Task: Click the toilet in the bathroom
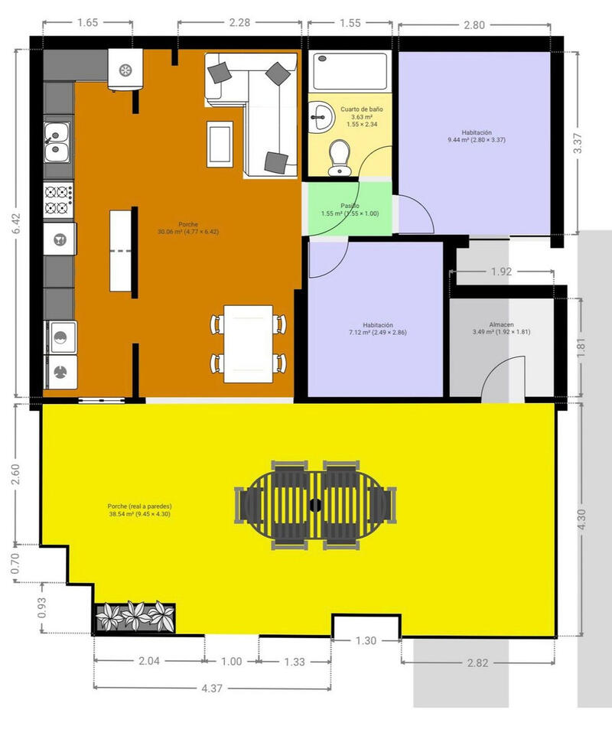point(336,157)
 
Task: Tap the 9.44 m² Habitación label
point(477,136)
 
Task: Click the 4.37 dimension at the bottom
point(212,689)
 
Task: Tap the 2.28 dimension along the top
point(239,23)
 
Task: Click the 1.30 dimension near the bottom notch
point(366,641)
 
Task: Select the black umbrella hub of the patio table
point(316,505)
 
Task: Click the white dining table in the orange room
point(249,343)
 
